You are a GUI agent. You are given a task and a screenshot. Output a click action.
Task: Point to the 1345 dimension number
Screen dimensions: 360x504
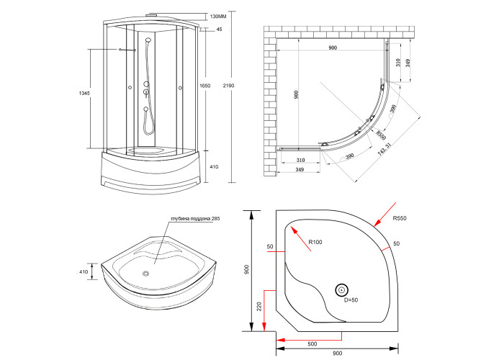84,93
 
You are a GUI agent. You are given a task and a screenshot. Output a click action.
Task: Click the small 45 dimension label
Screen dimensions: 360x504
219,30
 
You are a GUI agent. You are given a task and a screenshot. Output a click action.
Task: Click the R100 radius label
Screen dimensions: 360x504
315,242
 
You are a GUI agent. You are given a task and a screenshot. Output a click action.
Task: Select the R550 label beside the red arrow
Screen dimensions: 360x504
400,218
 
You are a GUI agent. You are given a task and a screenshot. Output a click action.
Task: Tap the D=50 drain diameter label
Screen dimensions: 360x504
351,300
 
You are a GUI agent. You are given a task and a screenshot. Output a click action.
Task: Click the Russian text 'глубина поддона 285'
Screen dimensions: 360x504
189,218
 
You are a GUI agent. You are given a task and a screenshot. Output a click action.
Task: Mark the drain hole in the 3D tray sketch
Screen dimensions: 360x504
146,273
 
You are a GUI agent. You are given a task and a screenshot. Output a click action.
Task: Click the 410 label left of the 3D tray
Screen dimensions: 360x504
84,272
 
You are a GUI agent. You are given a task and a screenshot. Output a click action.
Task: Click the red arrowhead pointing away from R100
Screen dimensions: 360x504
293,227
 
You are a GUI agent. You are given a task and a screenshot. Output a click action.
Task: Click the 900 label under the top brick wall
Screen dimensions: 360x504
332,48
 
